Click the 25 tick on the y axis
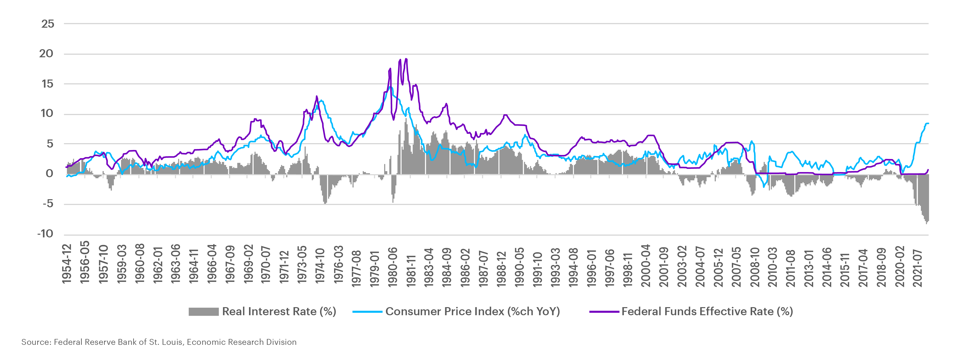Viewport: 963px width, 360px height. click(x=48, y=24)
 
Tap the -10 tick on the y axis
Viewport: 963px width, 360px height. click(x=45, y=234)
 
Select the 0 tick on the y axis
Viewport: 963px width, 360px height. click(x=49, y=174)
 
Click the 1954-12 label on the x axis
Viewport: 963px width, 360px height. click(x=67, y=264)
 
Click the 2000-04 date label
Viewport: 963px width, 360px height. click(x=646, y=266)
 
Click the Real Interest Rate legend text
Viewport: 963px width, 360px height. click(x=279, y=311)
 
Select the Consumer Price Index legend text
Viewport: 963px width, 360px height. click(x=473, y=311)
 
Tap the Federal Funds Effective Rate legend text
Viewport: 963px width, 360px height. click(x=707, y=311)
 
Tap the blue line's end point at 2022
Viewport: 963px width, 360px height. click(x=928, y=123)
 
